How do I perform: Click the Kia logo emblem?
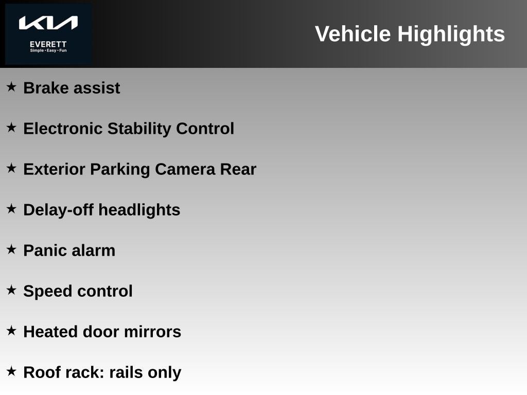coord(48,23)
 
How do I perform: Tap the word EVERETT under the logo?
coord(48,44)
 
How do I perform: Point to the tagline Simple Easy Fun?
coord(48,50)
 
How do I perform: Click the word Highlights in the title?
coord(451,34)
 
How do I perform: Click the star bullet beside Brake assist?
coord(11,87)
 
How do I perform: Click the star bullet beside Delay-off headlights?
coord(11,209)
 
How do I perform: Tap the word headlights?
coord(139,210)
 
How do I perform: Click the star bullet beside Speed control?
coord(11,290)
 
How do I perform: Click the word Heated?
coord(50,332)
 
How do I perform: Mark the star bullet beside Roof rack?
coord(11,371)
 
